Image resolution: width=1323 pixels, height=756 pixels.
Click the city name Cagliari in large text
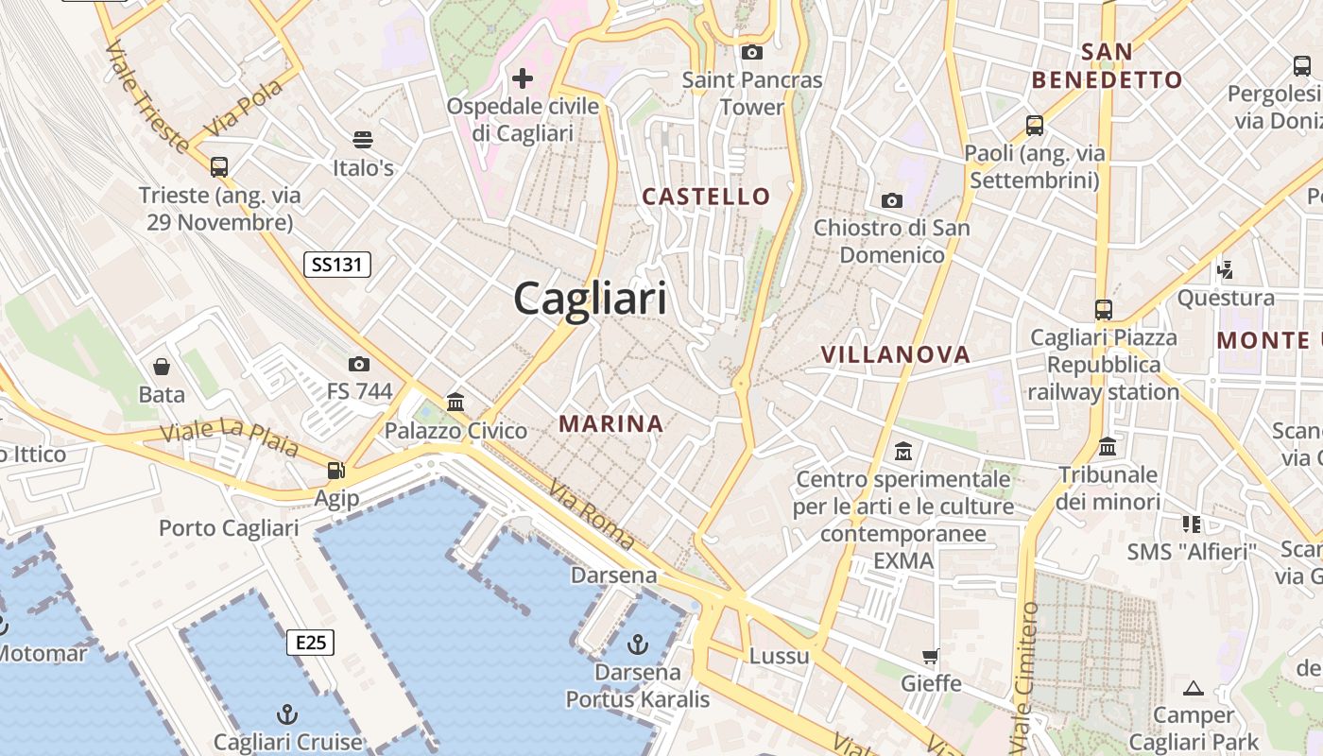[591, 299]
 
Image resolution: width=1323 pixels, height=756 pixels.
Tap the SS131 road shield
[337, 265]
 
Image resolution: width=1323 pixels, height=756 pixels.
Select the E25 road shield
[310, 644]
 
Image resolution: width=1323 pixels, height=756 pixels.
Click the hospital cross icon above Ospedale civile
[523, 77]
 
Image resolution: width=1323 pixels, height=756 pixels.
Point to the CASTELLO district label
[707, 197]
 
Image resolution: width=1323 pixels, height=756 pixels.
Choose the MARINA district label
[610, 423]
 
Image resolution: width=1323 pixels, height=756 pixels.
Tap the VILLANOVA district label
[895, 354]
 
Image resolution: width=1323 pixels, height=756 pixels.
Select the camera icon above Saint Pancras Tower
[752, 52]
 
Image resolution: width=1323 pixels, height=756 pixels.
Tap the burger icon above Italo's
[363, 140]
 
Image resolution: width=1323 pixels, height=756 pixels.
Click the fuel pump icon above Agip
[335, 470]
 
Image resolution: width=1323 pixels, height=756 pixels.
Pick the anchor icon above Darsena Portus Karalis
[638, 644]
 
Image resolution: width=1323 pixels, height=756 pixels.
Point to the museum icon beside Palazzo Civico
[455, 403]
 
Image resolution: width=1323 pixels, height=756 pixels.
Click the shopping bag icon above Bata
[162, 366]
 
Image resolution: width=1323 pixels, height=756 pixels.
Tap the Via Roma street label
[592, 514]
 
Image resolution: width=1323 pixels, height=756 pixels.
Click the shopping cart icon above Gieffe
[931, 655]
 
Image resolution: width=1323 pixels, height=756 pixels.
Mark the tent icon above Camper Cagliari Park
[1194, 688]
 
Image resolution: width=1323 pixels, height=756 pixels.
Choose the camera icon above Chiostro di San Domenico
[891, 200]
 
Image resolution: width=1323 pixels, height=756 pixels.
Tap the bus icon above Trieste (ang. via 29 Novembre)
[219, 167]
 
